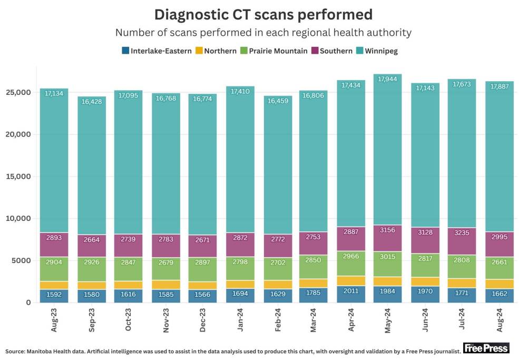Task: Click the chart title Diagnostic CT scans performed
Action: point(263,14)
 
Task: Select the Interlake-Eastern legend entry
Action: point(157,51)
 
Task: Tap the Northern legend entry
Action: point(216,51)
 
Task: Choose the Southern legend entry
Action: point(331,51)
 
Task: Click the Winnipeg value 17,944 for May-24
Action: point(388,79)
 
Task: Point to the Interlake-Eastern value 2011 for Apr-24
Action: point(351,291)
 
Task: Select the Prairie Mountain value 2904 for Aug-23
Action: point(54,261)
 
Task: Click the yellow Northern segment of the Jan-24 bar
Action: point(240,284)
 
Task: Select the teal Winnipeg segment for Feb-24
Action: point(277,169)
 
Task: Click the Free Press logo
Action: point(486,348)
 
